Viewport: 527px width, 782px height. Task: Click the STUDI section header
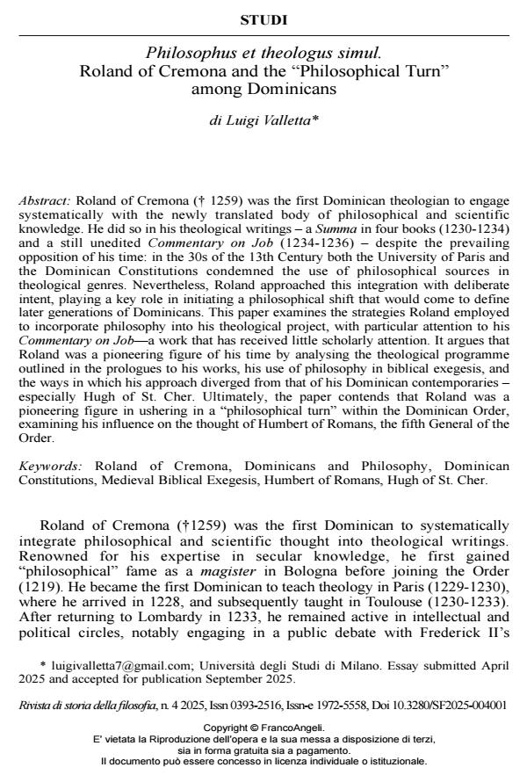tap(263, 19)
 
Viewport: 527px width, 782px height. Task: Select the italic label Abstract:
tap(45, 200)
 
